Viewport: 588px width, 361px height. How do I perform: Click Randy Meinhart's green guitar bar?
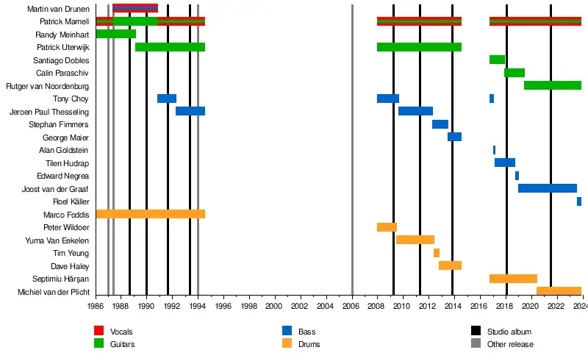[115, 34]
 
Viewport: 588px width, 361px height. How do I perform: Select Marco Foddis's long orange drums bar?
[150, 214]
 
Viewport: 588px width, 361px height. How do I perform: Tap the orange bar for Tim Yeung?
[437, 253]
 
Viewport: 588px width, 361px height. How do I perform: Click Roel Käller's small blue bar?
[579, 201]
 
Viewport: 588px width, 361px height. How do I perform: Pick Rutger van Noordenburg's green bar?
[552, 85]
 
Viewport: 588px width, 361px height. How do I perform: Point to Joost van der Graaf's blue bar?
[547, 188]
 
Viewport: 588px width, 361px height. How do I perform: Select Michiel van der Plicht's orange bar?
[559, 291]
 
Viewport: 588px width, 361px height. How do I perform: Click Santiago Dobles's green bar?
[497, 60]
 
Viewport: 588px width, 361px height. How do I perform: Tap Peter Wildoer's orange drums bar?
[387, 227]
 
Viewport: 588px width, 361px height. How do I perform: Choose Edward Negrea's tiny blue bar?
[517, 176]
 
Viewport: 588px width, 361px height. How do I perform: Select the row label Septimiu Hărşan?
[61, 279]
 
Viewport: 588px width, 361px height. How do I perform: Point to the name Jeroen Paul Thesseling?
[49, 112]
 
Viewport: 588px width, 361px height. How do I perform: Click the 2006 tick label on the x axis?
[351, 305]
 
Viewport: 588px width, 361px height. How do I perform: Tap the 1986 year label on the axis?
[96, 305]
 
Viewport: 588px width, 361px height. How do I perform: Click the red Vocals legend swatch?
[98, 332]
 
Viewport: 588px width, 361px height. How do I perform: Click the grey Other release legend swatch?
[475, 343]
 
